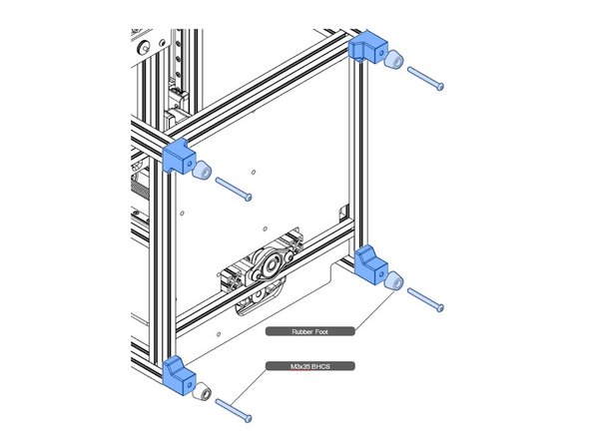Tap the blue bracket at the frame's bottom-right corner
point(373,265)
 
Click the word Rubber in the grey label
point(297,330)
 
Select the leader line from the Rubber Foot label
point(369,313)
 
